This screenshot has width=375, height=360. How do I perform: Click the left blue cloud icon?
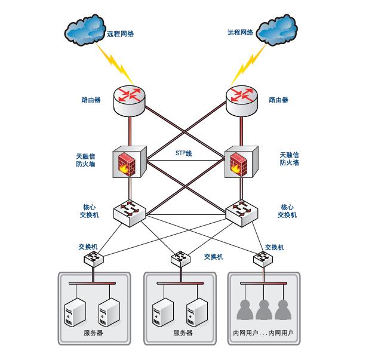pyautogui.click(x=85, y=29)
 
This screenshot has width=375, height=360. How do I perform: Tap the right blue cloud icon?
pyautogui.click(x=277, y=29)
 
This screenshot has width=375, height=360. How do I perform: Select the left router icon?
pyautogui.click(x=129, y=101)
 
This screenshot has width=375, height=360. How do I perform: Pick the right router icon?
pyautogui.click(x=242, y=101)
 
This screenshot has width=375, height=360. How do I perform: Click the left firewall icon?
pyautogui.click(x=130, y=162)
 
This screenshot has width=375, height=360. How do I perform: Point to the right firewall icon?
pyautogui.click(x=241, y=162)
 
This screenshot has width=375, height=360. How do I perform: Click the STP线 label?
pyautogui.click(x=184, y=153)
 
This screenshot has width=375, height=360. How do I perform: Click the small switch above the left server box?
pyautogui.click(x=94, y=259)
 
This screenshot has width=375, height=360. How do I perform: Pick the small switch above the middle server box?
pyautogui.click(x=181, y=259)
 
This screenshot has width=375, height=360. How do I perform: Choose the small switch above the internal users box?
pyautogui.click(x=263, y=259)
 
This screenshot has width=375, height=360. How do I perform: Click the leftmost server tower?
pyautogui.click(x=75, y=312)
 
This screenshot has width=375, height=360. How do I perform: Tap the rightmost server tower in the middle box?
pyautogui.click(x=197, y=312)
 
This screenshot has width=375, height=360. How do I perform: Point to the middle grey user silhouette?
pyautogui.click(x=264, y=310)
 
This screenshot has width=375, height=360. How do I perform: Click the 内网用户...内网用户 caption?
pyautogui.click(x=263, y=333)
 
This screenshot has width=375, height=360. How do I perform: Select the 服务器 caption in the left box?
pyautogui.click(x=93, y=333)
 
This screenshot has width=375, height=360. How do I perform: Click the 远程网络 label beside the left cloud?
pyautogui.click(x=120, y=34)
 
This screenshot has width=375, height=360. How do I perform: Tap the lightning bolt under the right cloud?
pyautogui.click(x=248, y=64)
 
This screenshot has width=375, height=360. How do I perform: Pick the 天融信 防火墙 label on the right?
pyautogui.click(x=290, y=159)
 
